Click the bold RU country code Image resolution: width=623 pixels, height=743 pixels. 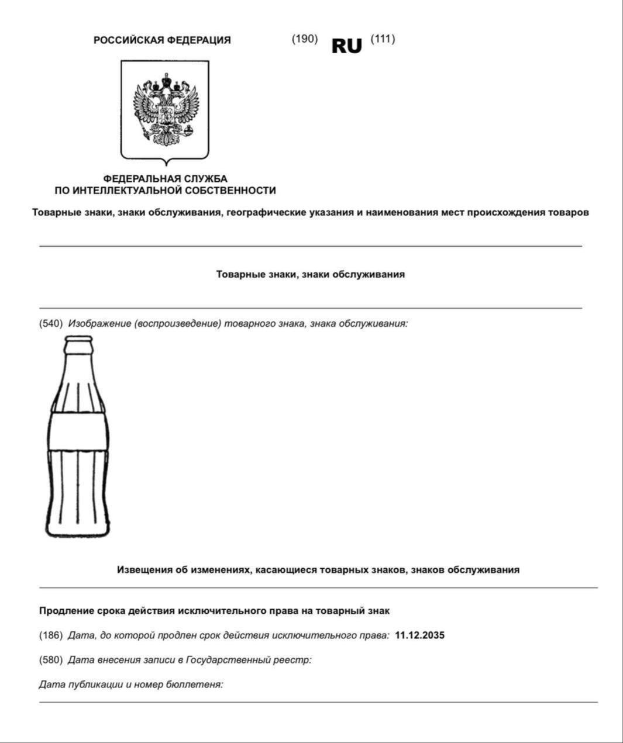(x=347, y=46)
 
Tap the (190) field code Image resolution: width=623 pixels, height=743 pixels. (x=305, y=39)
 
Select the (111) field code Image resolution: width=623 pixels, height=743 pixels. (x=383, y=39)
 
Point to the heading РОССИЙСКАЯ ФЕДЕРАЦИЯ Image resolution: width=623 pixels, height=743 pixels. (x=162, y=40)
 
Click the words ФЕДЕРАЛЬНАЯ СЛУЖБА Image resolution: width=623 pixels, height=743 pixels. (x=165, y=178)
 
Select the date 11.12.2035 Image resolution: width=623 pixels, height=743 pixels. (x=419, y=635)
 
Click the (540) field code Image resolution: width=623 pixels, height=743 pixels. (x=51, y=323)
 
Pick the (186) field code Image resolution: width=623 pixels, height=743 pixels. (x=51, y=635)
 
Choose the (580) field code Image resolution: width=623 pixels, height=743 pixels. (x=51, y=659)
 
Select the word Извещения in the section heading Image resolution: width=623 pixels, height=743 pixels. (x=144, y=569)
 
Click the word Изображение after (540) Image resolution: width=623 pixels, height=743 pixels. (x=99, y=323)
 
